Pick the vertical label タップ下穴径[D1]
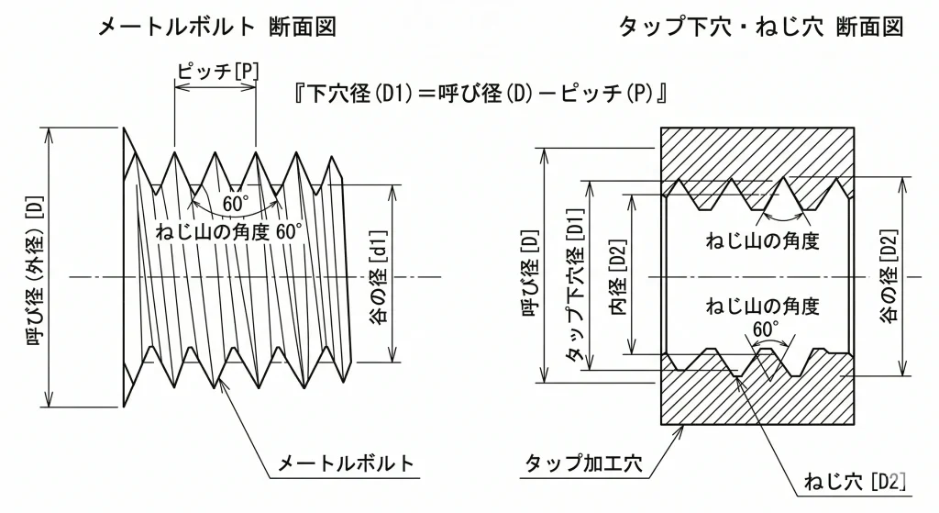point(575,276)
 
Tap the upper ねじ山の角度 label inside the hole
point(760,242)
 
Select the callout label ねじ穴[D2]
point(855,480)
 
